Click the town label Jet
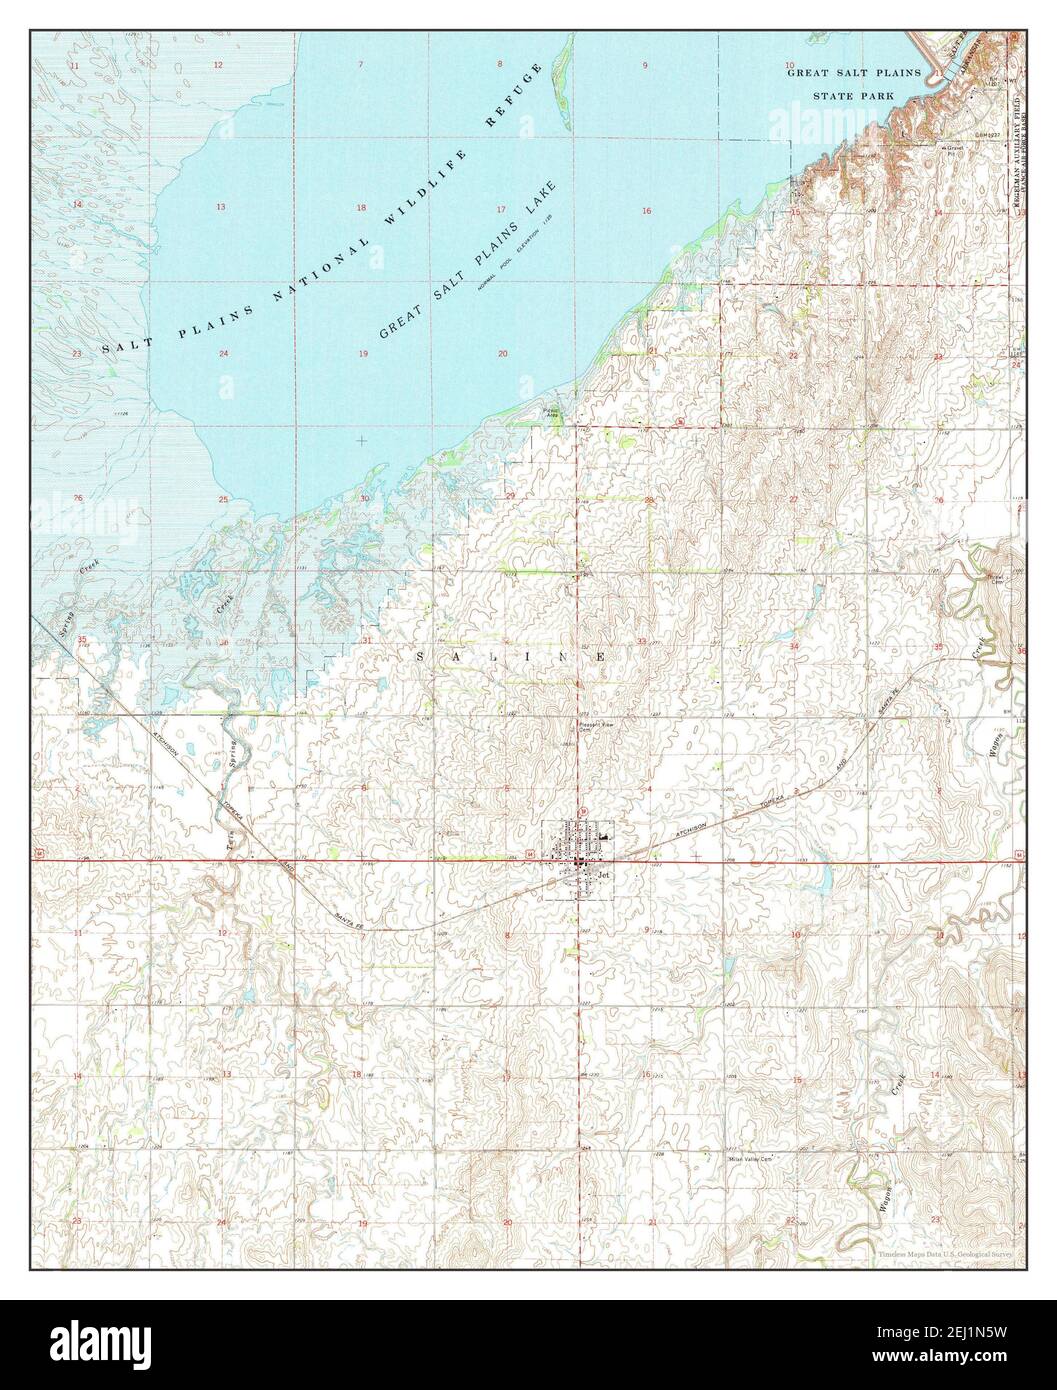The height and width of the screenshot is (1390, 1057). tap(603, 872)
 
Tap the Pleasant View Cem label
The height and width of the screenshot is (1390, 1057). tap(590, 728)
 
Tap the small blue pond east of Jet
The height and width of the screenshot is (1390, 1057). tap(822, 880)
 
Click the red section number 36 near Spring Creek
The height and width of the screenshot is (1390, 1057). tap(224, 642)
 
